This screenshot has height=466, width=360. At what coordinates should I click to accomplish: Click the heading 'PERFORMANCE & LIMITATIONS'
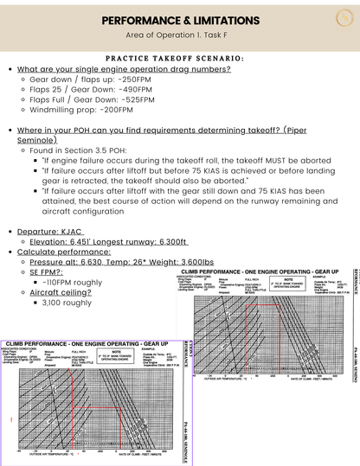point(180,19)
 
